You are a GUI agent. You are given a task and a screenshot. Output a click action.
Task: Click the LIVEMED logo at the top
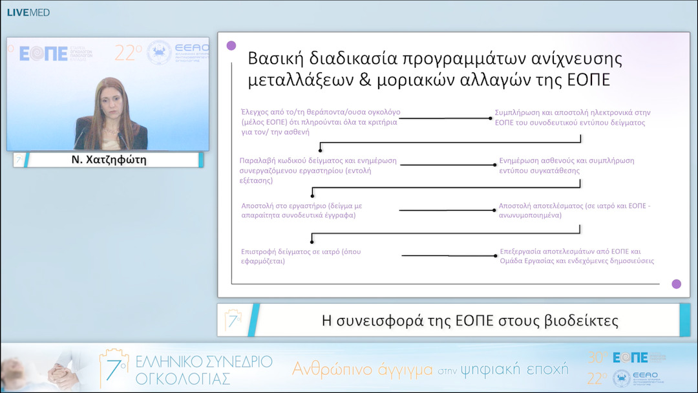(x=28, y=12)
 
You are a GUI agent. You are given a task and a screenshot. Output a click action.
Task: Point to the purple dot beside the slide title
(x=231, y=46)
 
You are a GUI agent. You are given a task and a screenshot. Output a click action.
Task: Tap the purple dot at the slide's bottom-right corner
(x=676, y=284)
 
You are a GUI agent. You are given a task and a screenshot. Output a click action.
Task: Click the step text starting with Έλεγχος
(x=320, y=122)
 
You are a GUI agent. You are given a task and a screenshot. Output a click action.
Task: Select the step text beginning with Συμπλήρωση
(x=572, y=117)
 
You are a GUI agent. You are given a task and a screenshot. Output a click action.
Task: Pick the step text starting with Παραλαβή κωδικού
(x=318, y=171)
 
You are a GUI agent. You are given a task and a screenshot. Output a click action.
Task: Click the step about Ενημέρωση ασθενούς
(x=567, y=165)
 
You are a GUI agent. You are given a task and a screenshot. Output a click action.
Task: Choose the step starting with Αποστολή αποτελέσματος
(x=574, y=210)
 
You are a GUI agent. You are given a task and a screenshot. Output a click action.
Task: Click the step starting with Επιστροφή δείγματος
(x=301, y=256)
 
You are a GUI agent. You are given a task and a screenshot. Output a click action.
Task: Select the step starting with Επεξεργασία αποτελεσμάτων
(x=576, y=256)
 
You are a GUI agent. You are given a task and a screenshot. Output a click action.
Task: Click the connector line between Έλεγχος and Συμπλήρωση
(x=446, y=118)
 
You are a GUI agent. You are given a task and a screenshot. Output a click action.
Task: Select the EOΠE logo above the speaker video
(x=44, y=54)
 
